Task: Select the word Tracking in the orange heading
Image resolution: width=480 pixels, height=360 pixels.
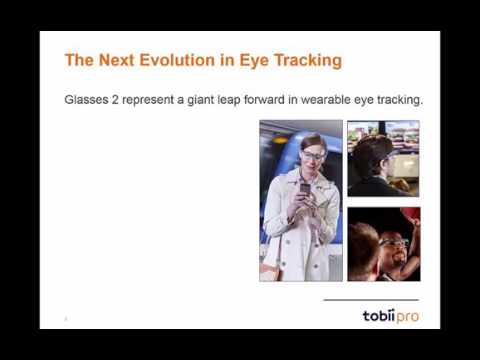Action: [x=305, y=60]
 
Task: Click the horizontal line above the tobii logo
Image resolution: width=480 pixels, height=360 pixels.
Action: [x=372, y=299]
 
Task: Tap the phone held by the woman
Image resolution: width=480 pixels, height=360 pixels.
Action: [x=305, y=188]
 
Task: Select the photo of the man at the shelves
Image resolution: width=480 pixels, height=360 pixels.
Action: [x=383, y=158]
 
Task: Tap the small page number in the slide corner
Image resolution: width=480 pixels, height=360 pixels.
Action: [x=65, y=319]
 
